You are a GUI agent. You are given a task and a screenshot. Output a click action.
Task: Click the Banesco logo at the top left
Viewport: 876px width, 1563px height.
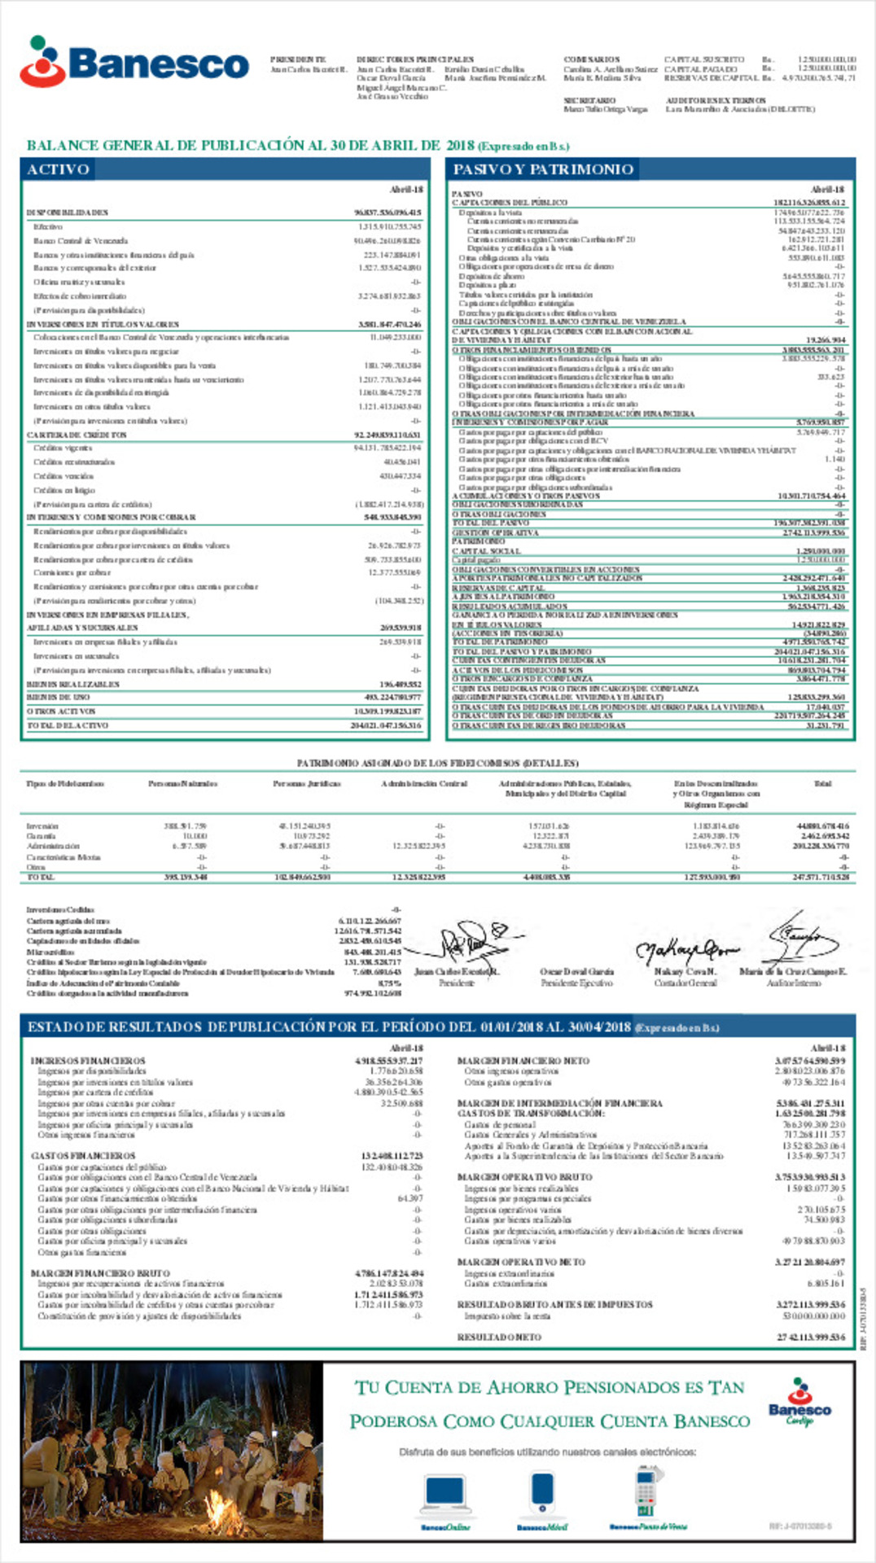click(x=134, y=62)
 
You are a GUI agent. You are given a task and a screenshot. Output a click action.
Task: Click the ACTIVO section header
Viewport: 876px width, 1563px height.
click(x=58, y=169)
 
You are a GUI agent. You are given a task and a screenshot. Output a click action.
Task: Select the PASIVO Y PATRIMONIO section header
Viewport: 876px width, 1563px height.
click(x=543, y=169)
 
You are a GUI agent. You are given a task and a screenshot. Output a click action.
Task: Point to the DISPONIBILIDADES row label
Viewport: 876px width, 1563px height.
click(x=68, y=212)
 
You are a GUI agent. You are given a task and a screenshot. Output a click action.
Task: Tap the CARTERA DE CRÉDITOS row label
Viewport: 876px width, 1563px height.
click(x=77, y=436)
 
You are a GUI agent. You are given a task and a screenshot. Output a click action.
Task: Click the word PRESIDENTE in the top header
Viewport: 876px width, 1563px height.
click(x=298, y=59)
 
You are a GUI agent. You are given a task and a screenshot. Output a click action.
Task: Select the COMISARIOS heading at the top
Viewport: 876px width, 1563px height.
click(x=592, y=59)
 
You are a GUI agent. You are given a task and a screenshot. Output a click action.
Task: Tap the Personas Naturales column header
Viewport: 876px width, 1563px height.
click(x=182, y=784)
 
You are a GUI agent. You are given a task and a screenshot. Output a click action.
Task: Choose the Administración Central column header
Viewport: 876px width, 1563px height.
click(x=423, y=784)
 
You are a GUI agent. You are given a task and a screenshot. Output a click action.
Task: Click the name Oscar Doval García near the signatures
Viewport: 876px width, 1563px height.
click(x=576, y=972)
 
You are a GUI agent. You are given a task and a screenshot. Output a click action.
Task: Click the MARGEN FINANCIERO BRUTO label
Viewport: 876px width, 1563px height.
click(x=100, y=1273)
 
